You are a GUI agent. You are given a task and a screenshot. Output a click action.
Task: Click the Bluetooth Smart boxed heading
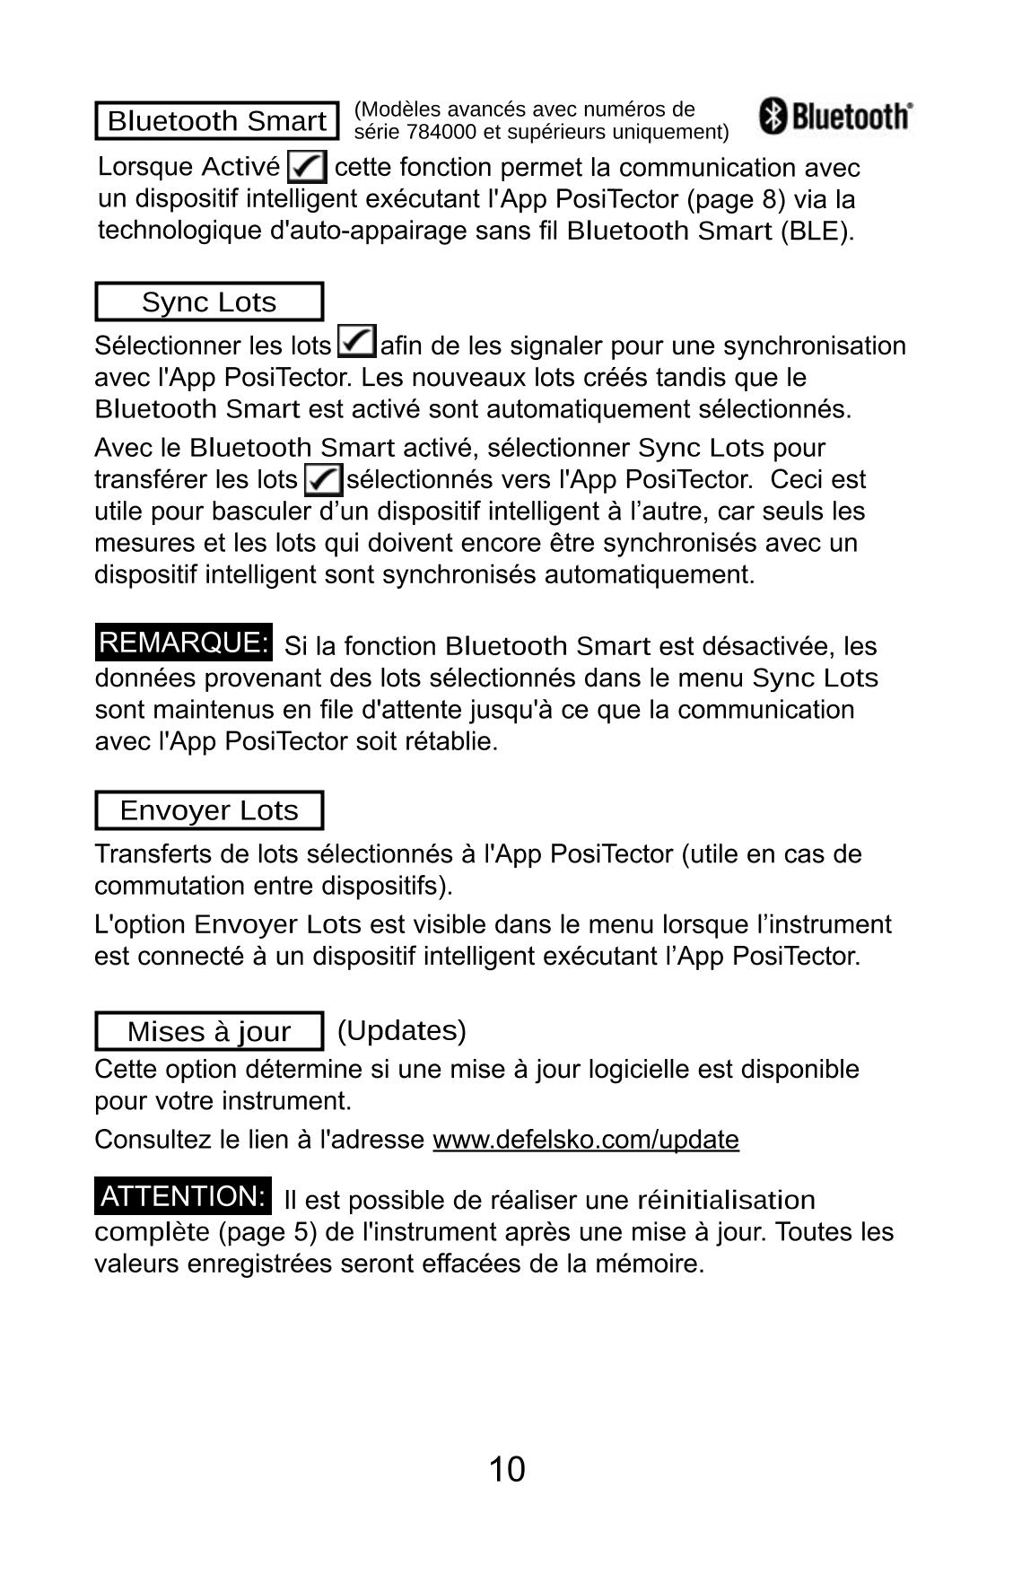[217, 121]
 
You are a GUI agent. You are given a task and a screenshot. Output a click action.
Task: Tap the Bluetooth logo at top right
[835, 117]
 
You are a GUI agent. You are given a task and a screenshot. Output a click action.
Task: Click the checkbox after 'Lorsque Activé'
[307, 167]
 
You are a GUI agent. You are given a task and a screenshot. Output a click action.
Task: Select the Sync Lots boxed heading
[209, 302]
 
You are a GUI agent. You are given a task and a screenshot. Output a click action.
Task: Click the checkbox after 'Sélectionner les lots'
[356, 343]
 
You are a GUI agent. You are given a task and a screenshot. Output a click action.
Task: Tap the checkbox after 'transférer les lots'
[323, 479]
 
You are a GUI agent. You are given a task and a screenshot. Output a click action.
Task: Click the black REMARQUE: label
[184, 643]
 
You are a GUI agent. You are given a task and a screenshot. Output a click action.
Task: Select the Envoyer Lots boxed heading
[209, 810]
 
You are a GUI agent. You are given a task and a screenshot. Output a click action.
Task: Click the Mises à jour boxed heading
[209, 1031]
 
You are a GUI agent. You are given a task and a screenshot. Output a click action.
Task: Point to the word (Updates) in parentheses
[402, 1030]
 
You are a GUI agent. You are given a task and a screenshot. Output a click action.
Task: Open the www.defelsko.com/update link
[586, 1140]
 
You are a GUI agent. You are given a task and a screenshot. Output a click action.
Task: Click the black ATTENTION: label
[183, 1196]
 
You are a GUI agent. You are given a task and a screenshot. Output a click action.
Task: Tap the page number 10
[507, 1470]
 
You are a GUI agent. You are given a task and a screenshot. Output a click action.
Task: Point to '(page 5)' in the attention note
[268, 1232]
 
